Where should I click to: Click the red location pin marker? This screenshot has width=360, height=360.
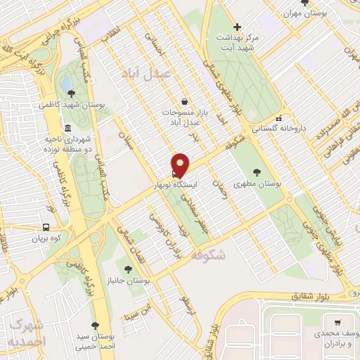point(181,165)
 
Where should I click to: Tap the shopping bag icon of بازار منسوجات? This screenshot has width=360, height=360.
point(184,101)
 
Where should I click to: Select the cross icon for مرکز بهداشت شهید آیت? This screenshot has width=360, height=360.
point(238,27)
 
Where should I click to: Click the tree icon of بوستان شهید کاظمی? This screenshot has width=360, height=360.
point(70,91)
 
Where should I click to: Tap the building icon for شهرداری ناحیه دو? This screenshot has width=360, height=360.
point(67,128)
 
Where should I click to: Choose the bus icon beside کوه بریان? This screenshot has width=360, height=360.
point(46,227)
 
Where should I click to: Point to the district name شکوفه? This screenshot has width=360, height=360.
point(208,256)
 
